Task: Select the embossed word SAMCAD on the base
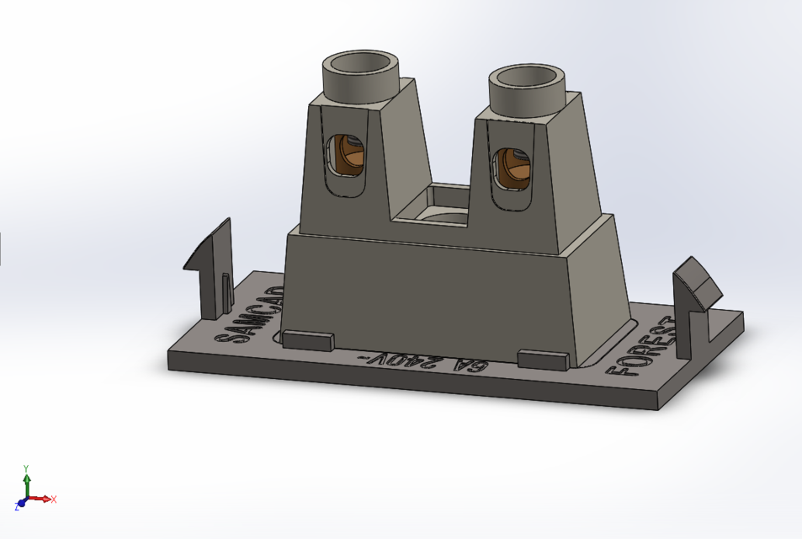pyautogui.click(x=249, y=316)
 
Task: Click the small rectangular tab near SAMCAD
pyautogui.click(x=307, y=339)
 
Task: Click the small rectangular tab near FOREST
pyautogui.click(x=544, y=360)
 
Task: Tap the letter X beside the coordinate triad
pyautogui.click(x=54, y=499)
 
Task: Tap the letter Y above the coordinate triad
pyautogui.click(x=27, y=468)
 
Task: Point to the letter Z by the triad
pyautogui.click(x=17, y=508)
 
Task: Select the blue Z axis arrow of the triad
pyautogui.click(x=22, y=504)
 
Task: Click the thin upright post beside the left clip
pyautogui.click(x=226, y=291)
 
